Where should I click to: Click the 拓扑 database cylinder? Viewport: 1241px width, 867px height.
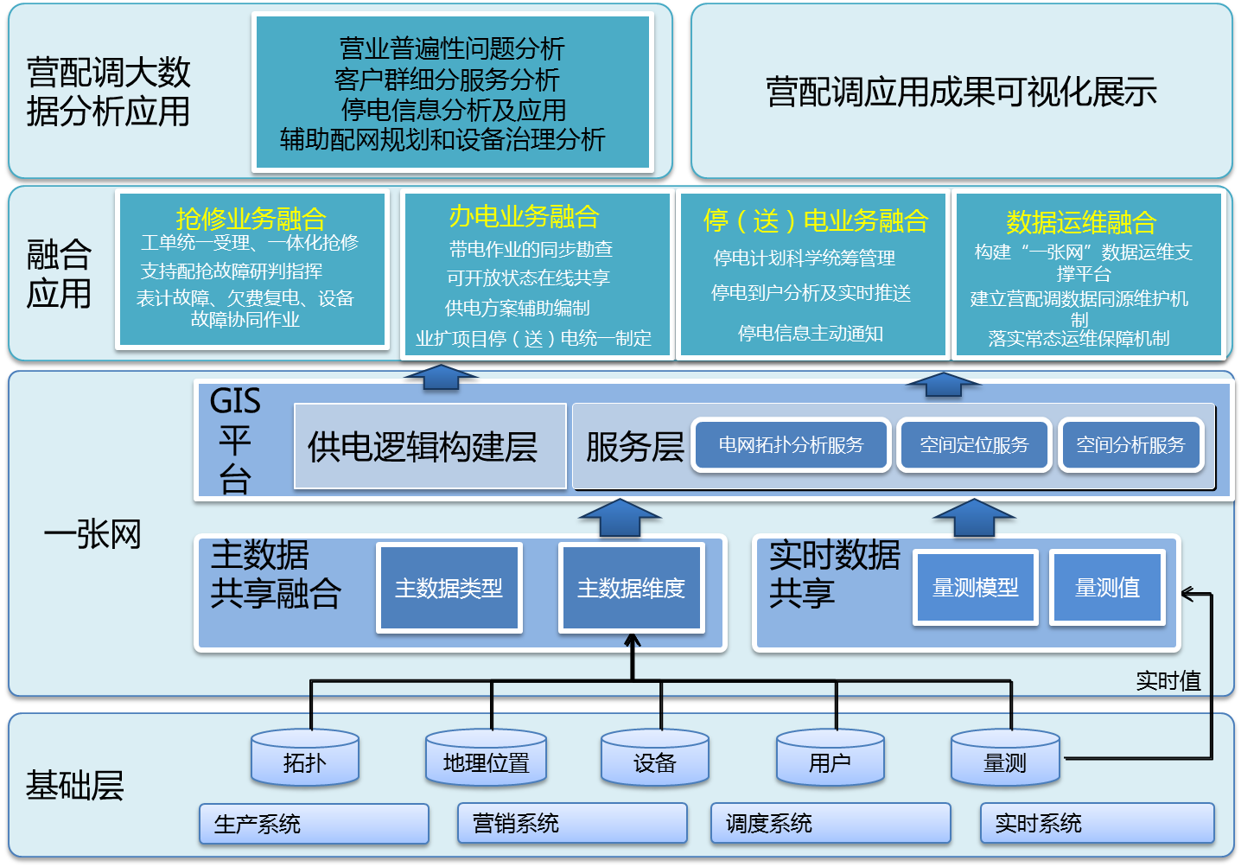click(x=304, y=758)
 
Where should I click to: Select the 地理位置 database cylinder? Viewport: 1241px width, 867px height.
click(x=486, y=758)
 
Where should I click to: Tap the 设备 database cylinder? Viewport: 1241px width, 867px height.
click(x=654, y=758)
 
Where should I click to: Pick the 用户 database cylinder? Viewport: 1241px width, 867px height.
click(x=830, y=758)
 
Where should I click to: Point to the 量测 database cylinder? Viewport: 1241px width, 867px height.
click(x=1005, y=758)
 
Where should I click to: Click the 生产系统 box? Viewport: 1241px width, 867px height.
click(x=314, y=824)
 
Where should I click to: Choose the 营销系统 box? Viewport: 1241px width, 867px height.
click(x=572, y=824)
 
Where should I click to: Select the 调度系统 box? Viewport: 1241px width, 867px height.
click(x=830, y=824)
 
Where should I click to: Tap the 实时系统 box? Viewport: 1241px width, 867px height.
click(x=1097, y=824)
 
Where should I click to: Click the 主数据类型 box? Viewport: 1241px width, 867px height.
click(x=449, y=589)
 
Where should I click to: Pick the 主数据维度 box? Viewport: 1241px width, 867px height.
click(x=631, y=589)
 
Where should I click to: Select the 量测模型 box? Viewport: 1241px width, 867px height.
click(x=976, y=588)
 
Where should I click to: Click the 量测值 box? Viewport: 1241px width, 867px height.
click(x=1107, y=588)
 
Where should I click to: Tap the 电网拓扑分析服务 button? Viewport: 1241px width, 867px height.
click(x=792, y=445)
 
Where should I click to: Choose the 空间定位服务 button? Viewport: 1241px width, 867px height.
click(x=974, y=445)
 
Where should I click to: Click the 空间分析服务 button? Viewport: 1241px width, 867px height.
click(x=1130, y=445)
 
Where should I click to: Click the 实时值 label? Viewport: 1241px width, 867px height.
click(x=1168, y=681)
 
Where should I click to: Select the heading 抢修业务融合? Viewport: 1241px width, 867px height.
click(x=251, y=218)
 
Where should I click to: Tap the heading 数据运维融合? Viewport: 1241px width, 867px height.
click(x=1081, y=222)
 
